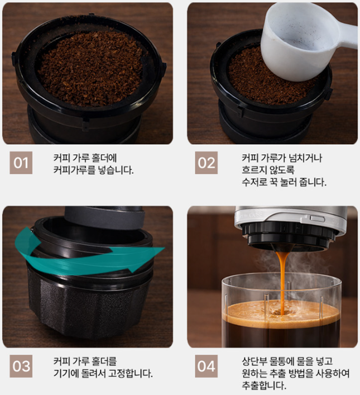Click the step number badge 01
coord(21,163)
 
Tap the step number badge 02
coord(206,163)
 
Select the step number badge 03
coord(21,366)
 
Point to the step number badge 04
coord(206,366)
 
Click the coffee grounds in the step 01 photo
coord(90,68)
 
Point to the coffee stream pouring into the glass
coord(282,282)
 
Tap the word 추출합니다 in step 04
coord(264,386)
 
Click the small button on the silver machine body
coord(318,218)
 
